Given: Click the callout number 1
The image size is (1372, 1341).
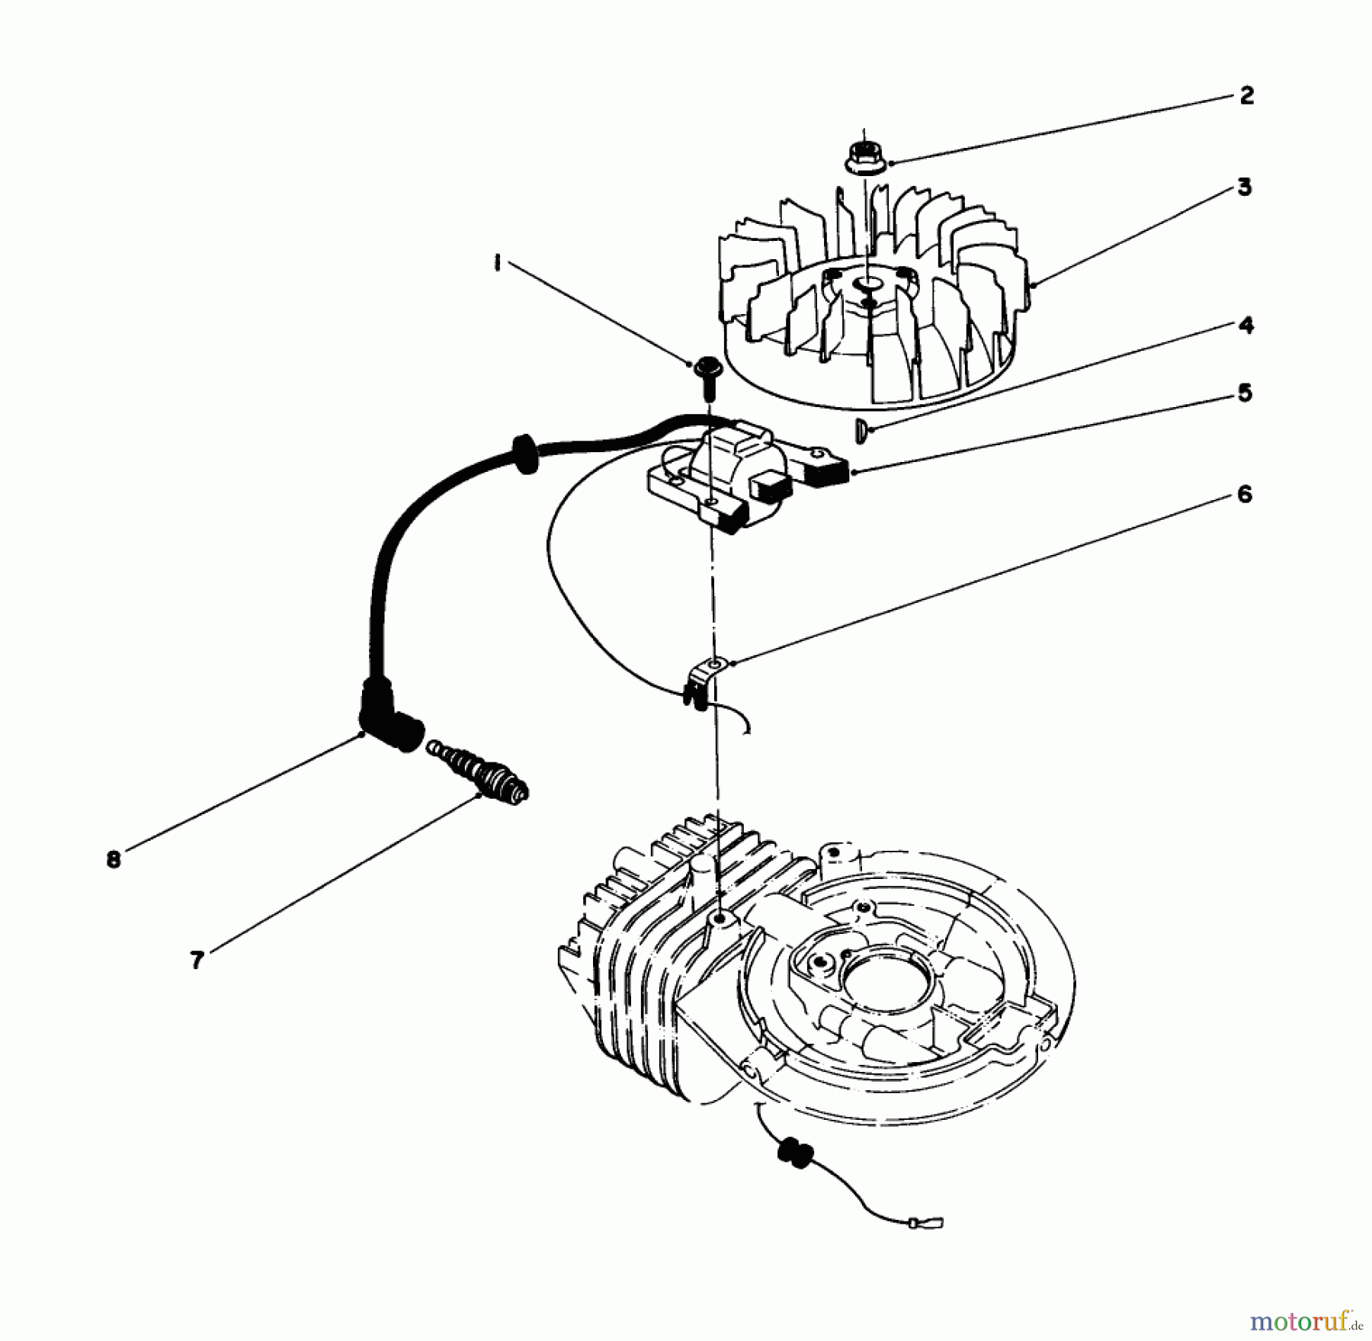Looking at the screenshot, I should coord(497,265).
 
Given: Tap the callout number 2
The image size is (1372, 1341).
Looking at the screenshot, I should coord(1246,97).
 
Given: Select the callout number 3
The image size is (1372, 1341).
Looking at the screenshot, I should coord(1244,188).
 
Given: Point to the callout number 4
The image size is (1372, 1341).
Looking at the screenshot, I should coord(1245,326).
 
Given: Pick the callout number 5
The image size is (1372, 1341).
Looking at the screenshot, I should coord(1244,393).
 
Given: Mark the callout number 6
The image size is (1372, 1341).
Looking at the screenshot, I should coord(1244,495).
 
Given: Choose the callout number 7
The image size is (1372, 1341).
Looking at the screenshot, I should coord(197,961).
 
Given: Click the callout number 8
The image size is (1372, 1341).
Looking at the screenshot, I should coord(114,860).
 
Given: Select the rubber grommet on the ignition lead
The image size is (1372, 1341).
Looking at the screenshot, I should coord(524,457).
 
